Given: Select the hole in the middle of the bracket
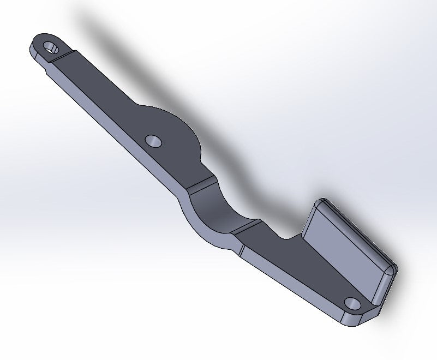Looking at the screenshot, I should (154, 141).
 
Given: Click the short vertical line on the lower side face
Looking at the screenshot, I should (240, 251).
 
